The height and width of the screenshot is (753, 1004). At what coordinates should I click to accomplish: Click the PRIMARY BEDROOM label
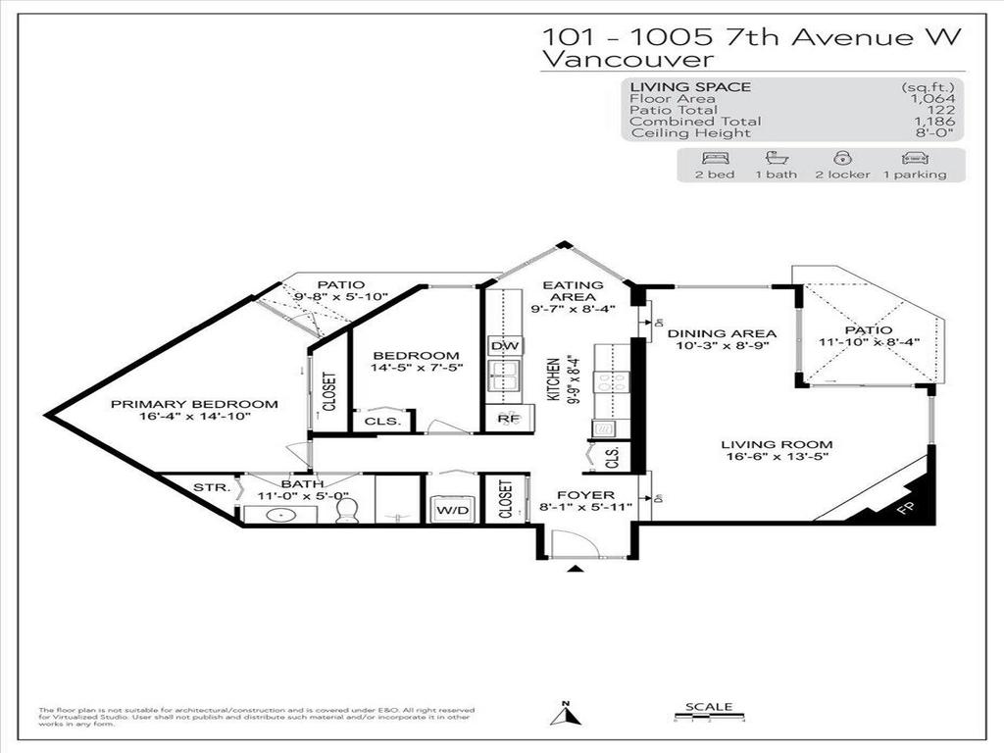tap(193, 404)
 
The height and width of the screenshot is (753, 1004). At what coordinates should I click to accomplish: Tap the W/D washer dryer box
tap(452, 510)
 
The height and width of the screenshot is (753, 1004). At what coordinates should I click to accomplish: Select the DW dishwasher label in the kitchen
tap(504, 346)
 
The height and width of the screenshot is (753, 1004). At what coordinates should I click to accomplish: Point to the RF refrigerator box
tap(507, 419)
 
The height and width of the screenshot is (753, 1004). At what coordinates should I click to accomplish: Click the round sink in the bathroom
tap(287, 514)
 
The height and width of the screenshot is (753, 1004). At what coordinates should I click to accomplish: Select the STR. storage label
tap(211, 486)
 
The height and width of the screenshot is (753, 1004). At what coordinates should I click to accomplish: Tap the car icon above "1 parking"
tap(914, 158)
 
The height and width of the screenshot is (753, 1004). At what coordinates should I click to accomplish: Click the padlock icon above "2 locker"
tap(840, 158)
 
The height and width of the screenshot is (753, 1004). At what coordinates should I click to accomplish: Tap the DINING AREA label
tap(722, 333)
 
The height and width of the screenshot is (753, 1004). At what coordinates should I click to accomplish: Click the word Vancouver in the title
tap(622, 59)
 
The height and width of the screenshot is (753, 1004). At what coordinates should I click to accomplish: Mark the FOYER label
tap(585, 495)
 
